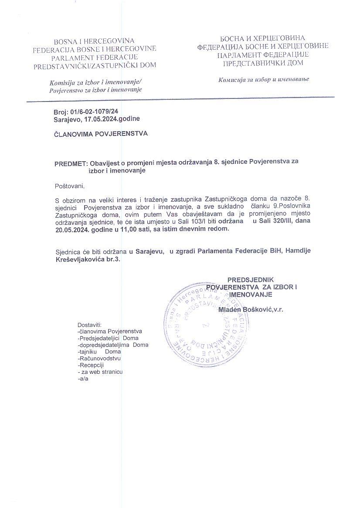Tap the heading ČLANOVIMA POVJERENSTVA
click(x=101, y=134)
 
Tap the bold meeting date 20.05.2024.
click(x=70, y=230)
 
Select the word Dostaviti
click(x=89, y=325)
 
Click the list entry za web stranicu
click(x=102, y=372)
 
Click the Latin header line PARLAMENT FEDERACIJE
click(x=95, y=57)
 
